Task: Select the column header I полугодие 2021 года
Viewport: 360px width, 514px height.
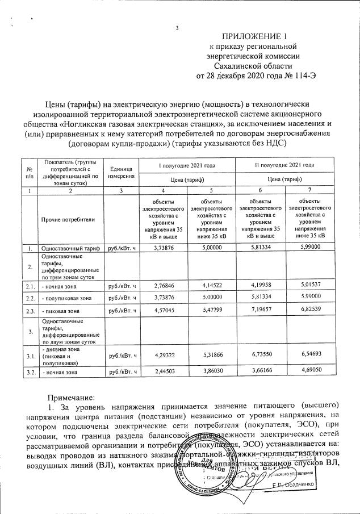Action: [x=179, y=165]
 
